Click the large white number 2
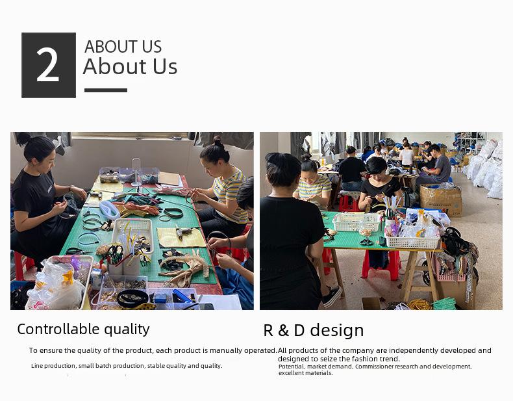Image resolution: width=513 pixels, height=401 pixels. coord(48,64)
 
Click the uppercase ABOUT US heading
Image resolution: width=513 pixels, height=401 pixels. coord(123,47)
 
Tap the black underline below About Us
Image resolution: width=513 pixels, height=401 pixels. coord(106,90)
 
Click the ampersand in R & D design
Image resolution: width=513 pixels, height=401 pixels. coord(283,331)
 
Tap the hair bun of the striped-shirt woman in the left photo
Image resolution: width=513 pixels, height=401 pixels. coord(218,141)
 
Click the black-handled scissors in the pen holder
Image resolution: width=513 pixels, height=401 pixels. coord(115,253)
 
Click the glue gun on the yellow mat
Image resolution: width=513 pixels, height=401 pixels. coord(183,232)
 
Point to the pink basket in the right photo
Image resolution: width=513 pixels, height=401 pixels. coord(451,269)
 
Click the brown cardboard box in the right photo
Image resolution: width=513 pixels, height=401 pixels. coord(441,200)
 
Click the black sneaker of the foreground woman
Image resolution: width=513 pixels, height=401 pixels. coord(332,296)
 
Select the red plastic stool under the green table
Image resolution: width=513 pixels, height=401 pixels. coord(381,265)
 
